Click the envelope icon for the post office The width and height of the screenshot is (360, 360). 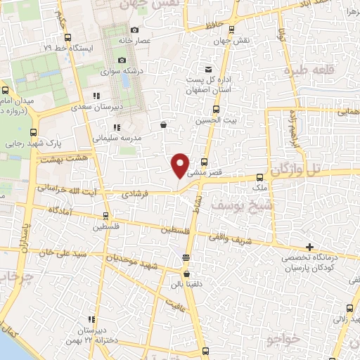pos(208,69)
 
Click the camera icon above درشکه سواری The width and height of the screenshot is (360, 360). pos(122,60)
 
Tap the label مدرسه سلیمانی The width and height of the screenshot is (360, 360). pos(117,138)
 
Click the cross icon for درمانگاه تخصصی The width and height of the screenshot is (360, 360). pos(309,247)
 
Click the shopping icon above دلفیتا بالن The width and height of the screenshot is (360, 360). pos(186,274)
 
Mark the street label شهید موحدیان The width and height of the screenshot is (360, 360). pos(137,260)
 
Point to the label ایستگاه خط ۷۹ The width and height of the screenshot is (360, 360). pos(67,48)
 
